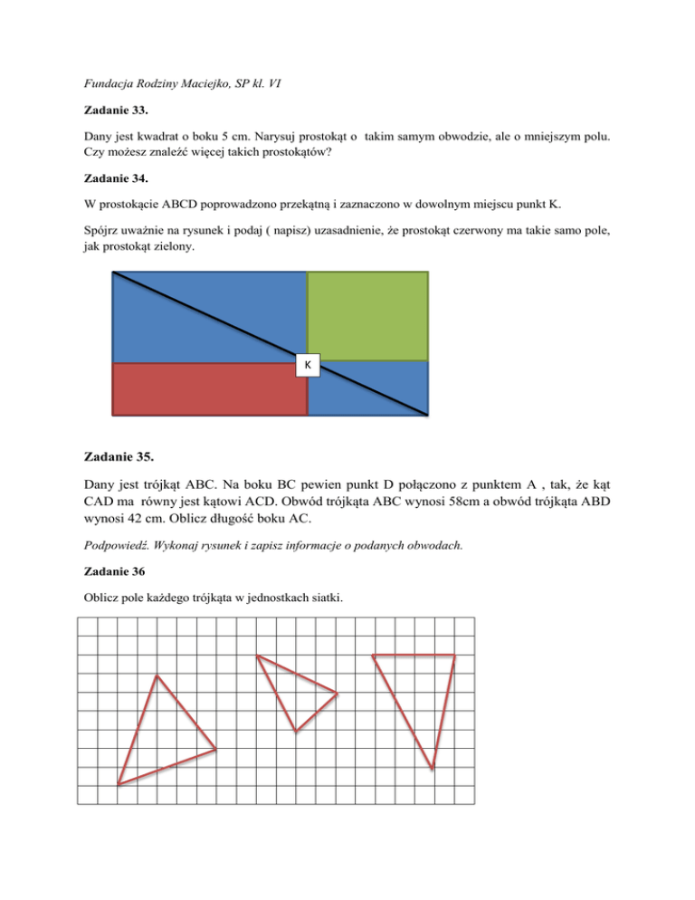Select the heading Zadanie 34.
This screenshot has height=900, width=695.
tap(112, 189)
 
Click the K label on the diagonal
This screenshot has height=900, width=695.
tap(308, 365)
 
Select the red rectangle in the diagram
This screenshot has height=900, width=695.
tap(209, 388)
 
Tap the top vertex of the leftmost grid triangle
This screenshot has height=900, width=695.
tap(157, 675)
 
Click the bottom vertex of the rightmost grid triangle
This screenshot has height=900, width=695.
tap(433, 770)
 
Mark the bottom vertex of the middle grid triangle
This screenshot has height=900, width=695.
tap(295, 732)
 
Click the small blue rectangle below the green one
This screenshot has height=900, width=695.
tap(368, 388)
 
